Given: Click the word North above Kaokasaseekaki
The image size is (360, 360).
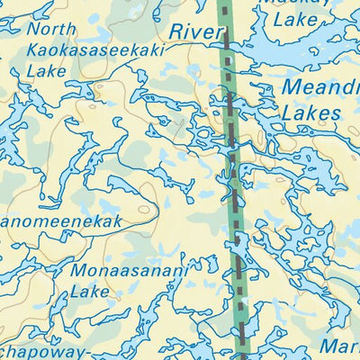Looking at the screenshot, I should point(51,30).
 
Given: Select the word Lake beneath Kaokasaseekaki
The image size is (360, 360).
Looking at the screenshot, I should point(47,71).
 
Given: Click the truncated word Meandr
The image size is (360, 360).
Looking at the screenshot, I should point(319,88).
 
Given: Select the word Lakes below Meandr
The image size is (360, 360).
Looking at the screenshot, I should point(310,112).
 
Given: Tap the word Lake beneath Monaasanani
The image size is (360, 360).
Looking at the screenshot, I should point(88,292).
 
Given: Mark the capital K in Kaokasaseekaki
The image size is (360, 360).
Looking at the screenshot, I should point(34,50).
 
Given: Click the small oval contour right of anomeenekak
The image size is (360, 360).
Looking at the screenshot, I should point(142,210).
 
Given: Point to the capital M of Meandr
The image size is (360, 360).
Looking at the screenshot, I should point(292,88).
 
